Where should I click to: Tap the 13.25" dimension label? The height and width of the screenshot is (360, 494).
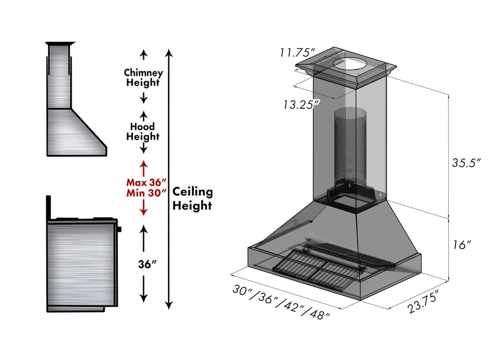click(x=301, y=104)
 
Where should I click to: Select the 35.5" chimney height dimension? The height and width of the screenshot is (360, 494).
click(x=466, y=162)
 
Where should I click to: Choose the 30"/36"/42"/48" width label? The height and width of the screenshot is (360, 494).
click(x=281, y=301)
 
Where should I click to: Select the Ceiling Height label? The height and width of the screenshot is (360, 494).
click(x=192, y=199)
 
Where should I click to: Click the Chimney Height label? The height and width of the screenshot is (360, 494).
click(x=143, y=78)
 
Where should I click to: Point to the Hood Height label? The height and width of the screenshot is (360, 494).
click(x=142, y=132)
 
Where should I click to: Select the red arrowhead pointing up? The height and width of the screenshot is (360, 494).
click(x=143, y=164)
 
